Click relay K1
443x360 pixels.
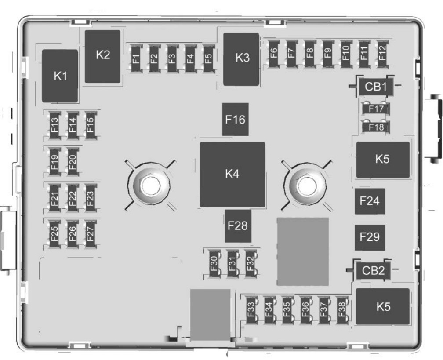pyautogui.click(x=60, y=76)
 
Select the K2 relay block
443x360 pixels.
pyautogui.click(x=103, y=56)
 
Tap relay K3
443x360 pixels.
pyautogui.click(x=241, y=59)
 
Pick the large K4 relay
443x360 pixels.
pyautogui.click(x=232, y=174)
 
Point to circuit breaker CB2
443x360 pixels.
pyautogui.click(x=373, y=270)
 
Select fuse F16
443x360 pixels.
pyautogui.click(x=235, y=120)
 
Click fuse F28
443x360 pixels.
pyautogui.click(x=238, y=225)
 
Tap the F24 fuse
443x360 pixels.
pyautogui.click(x=370, y=201)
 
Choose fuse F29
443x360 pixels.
pyautogui.click(x=370, y=237)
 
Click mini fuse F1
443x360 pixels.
pyautogui.click(x=136, y=57)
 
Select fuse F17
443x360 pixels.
pyautogui.click(x=376, y=108)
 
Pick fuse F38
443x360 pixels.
pyautogui.click(x=341, y=310)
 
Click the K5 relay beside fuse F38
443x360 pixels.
pyautogui.click(x=383, y=306)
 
